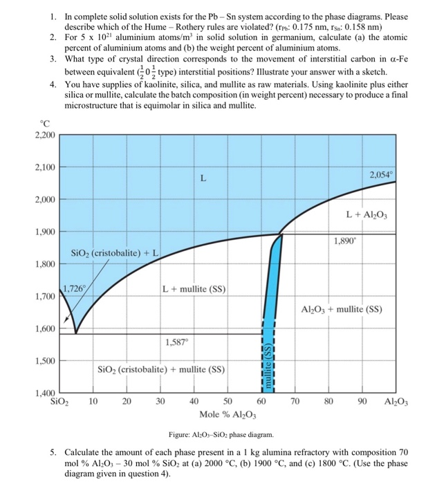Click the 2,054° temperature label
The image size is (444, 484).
382,175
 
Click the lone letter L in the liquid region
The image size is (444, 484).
202,178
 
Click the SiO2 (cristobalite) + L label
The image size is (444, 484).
115,254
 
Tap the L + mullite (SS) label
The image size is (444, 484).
194,289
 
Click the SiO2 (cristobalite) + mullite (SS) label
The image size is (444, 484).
160,369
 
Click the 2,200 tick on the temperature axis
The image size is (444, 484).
44,135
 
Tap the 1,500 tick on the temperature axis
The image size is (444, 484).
44,361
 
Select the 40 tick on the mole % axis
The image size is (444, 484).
194,401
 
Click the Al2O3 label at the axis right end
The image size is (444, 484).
394,402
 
